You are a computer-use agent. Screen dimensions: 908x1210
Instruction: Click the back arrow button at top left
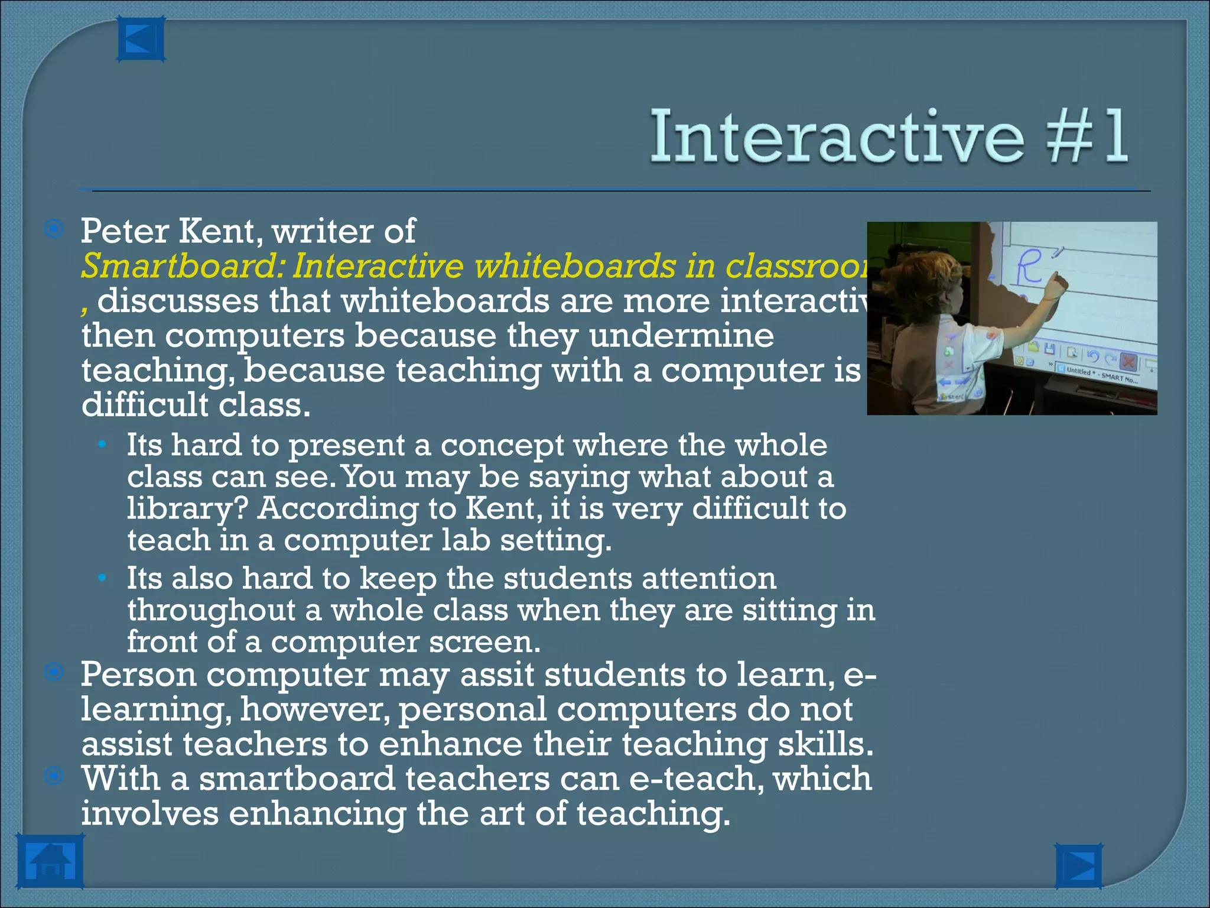click(141, 40)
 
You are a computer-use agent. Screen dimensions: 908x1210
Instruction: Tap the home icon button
click(50, 861)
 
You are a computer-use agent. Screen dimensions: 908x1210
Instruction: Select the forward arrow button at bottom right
click(1078, 866)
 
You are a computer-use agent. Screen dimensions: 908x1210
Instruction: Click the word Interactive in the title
click(837, 137)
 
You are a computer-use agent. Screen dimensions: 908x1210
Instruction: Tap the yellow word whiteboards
click(575, 266)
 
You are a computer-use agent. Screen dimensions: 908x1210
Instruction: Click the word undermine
click(681, 336)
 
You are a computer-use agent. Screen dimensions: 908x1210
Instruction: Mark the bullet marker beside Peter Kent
click(54, 229)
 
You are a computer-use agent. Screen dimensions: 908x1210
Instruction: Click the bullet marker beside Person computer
click(54, 672)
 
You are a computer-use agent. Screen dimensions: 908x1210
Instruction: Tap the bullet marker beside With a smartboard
click(54, 776)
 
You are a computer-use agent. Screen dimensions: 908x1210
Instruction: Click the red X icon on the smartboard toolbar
click(1128, 361)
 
